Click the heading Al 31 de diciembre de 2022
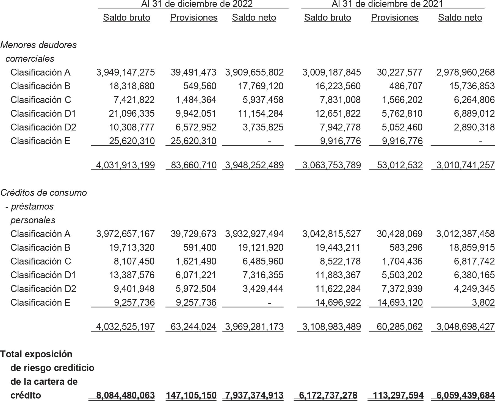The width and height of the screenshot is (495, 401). [197, 4]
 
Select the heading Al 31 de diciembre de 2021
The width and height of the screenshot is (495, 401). [387, 4]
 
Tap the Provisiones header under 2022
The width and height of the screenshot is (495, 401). [194, 18]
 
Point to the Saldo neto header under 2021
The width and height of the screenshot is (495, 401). [460, 18]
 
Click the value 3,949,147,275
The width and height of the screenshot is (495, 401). [126, 73]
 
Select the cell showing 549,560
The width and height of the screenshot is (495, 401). [200, 86]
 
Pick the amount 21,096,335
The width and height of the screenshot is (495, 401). [132, 114]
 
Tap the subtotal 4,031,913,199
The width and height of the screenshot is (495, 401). [126, 165]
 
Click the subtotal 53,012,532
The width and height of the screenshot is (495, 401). [400, 165]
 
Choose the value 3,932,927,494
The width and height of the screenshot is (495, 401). [254, 234]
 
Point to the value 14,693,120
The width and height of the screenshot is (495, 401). [400, 303]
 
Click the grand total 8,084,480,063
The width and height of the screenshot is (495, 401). [126, 396]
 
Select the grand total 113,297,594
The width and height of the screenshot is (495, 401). [398, 396]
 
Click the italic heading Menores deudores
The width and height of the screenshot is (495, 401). [38, 45]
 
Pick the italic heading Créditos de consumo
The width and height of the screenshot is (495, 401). [43, 193]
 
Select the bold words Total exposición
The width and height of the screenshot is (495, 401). [36, 354]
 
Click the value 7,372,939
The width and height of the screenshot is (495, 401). [402, 289]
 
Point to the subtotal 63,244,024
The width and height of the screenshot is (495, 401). [193, 327]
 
